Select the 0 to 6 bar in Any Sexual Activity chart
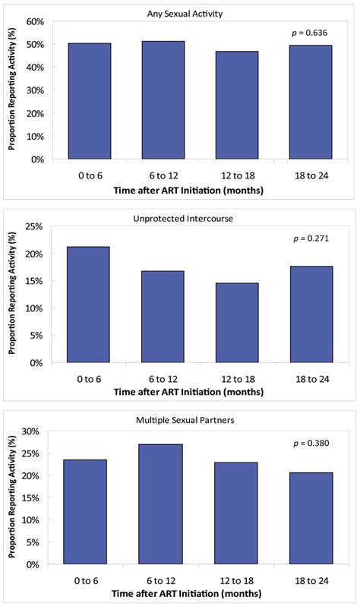coord(87,101)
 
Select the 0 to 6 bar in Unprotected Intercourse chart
coord(87,305)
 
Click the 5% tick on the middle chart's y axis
coord(36,335)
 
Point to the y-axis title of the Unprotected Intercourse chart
coord(13,295)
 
